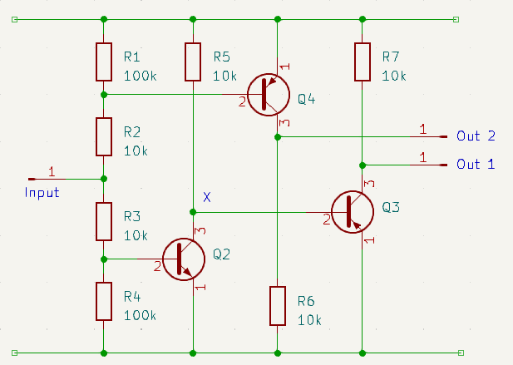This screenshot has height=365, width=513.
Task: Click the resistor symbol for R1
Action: coord(103,62)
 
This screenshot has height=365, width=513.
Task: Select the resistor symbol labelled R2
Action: coord(103,136)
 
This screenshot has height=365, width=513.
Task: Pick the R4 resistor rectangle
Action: coord(103,301)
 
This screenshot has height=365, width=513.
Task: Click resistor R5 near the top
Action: coord(193,62)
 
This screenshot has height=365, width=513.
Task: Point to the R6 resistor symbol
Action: coord(277,306)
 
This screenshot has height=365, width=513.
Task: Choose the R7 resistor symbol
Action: coord(362,62)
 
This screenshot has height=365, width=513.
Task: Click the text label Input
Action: coord(42,192)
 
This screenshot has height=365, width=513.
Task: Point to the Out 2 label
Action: coord(476,136)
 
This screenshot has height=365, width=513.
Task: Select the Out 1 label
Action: coord(476,164)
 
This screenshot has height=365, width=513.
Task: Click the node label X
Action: coord(207,197)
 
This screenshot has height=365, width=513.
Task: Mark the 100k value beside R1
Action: coord(140,76)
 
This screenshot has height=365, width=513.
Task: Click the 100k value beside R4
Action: coord(140,313)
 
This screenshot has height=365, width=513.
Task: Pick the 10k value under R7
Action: coord(394,76)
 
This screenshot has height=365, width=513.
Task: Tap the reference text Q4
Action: coord(307,99)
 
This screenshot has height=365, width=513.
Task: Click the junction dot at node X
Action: coord(193,213)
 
